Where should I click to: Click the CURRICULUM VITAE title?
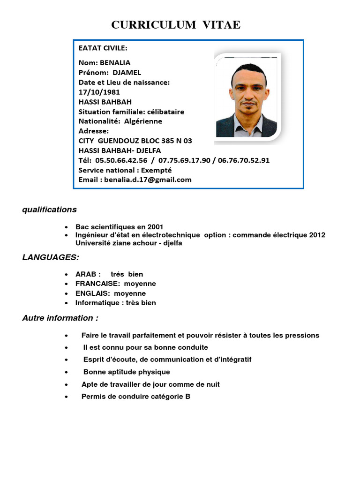click(x=176, y=25)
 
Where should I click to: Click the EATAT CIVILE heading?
click(x=103, y=48)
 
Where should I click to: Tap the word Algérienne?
click(x=143, y=121)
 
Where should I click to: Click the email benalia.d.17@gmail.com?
click(x=148, y=180)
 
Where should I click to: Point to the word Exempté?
click(x=156, y=170)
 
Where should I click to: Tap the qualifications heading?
click(x=49, y=210)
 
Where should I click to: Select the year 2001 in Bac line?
click(x=155, y=227)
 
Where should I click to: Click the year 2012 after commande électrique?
click(x=317, y=235)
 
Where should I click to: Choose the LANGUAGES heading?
click(x=51, y=257)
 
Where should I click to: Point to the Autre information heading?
click(x=60, y=318)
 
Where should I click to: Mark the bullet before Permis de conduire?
click(x=69, y=397)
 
